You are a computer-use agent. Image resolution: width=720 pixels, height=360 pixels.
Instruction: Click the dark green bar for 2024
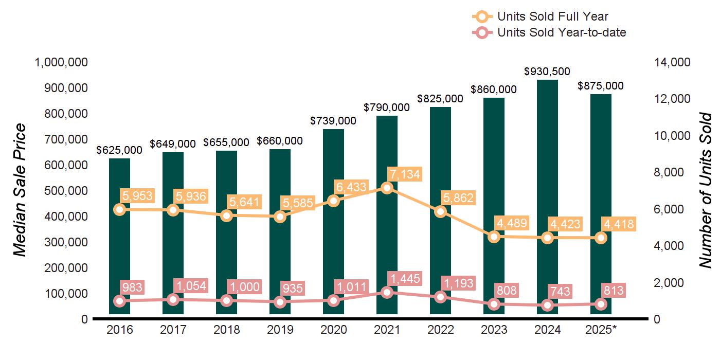point(548,154)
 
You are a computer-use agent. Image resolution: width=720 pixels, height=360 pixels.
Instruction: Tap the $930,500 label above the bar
point(547,71)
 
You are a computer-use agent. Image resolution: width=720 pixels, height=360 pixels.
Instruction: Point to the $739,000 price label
point(333,120)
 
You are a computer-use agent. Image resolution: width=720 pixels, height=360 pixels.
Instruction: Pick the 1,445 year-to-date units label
point(405,279)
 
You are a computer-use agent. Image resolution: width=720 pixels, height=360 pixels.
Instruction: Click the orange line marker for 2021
point(387,188)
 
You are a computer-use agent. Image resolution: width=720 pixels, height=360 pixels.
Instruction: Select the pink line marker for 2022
point(440,297)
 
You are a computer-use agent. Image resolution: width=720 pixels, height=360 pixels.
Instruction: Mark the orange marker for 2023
point(494,237)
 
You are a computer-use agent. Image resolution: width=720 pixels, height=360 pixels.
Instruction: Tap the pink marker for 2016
point(119,301)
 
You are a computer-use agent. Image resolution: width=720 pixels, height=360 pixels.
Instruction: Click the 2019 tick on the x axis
point(280,330)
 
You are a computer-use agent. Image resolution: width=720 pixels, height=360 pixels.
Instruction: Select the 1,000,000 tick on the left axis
point(61,62)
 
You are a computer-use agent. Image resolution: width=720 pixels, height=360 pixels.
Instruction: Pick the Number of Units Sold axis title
point(705,190)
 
